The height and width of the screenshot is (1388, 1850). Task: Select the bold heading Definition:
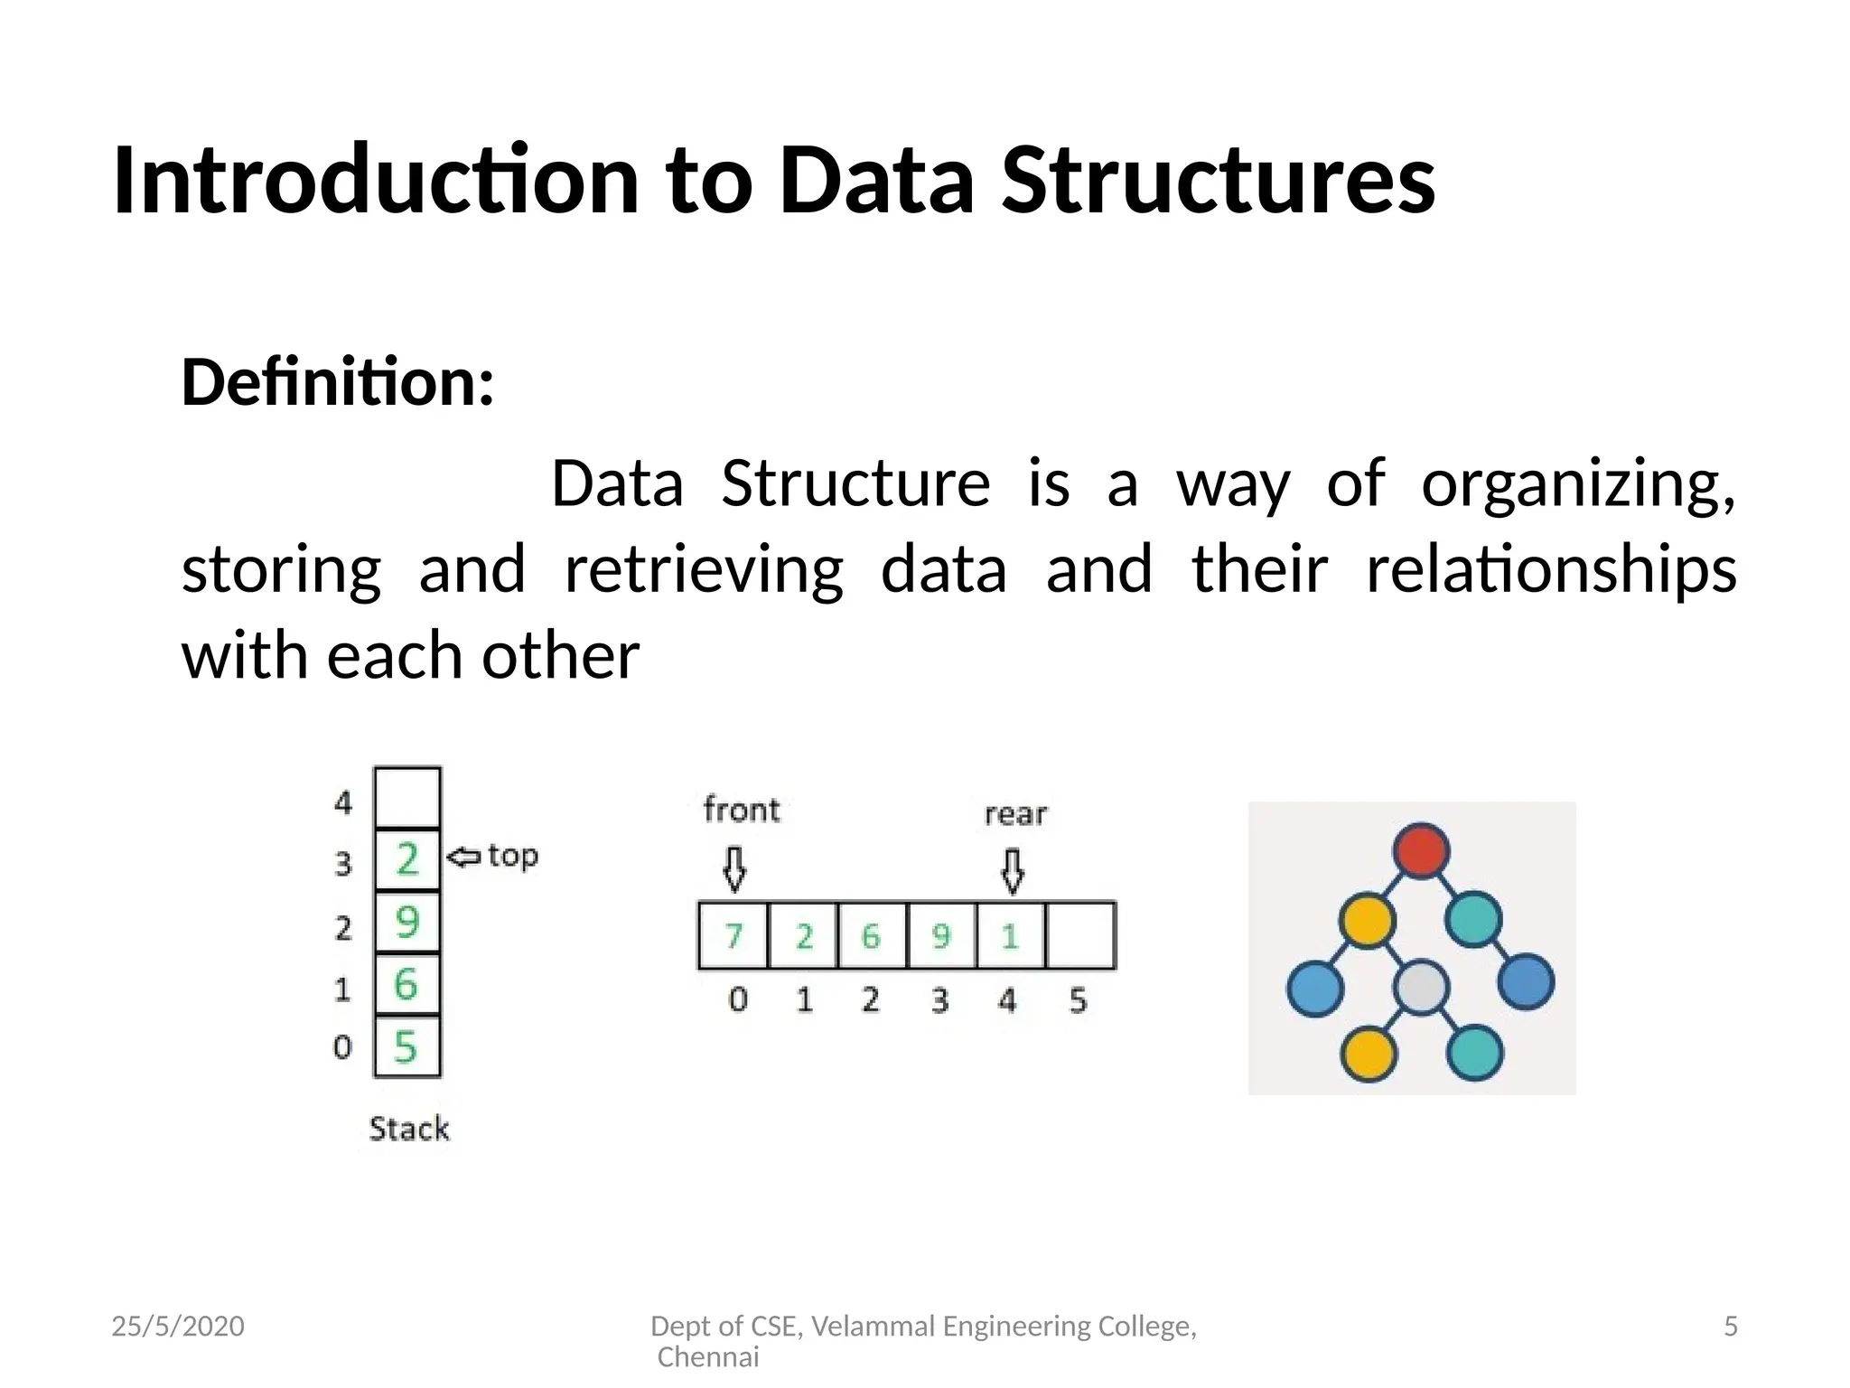(x=338, y=382)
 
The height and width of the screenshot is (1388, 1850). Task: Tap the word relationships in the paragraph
(x=1550, y=570)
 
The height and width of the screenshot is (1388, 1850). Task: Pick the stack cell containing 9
(x=407, y=922)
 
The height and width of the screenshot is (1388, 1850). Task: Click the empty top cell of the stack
(x=407, y=797)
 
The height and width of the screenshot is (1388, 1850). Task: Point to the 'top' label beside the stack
(x=512, y=855)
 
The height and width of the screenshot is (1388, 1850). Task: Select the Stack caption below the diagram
(x=409, y=1129)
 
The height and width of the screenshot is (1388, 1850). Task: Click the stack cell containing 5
(x=407, y=1046)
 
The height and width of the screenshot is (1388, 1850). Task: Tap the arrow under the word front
(x=734, y=868)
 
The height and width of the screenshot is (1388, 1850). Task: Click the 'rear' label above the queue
(x=1015, y=814)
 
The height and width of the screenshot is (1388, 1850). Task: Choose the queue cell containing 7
(x=733, y=935)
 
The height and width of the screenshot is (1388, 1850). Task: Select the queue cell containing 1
(x=1011, y=935)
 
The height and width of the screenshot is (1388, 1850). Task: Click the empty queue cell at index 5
(x=1080, y=935)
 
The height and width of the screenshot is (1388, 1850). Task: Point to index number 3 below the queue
(x=940, y=1000)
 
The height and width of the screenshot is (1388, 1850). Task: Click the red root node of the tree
(x=1421, y=850)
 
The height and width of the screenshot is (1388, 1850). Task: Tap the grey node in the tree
(x=1421, y=987)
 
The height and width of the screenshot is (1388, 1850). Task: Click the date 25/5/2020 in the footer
(x=178, y=1326)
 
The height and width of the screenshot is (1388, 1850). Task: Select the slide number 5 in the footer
(x=1730, y=1326)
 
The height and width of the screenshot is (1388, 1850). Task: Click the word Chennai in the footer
(x=708, y=1356)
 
